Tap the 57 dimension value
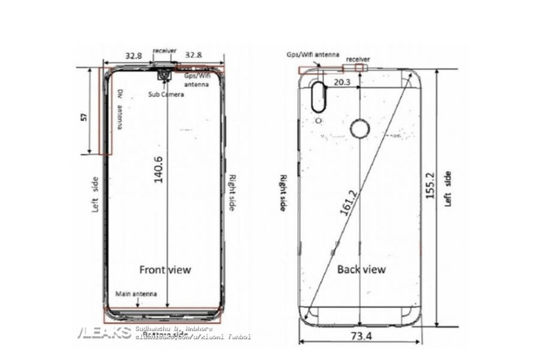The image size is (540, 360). [84, 116]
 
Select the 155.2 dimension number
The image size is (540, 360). [429, 190]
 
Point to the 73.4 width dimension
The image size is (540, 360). [359, 336]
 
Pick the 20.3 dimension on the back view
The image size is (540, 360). [343, 82]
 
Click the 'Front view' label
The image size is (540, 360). [165, 269]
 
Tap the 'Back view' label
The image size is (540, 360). [361, 269]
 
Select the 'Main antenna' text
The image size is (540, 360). [136, 294]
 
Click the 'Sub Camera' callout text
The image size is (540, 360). [166, 94]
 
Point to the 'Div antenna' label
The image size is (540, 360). [120, 109]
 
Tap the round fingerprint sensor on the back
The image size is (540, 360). [359, 129]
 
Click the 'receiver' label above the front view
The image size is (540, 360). [164, 50]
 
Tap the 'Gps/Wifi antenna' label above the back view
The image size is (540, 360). [312, 54]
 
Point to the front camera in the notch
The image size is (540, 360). [164, 76]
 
